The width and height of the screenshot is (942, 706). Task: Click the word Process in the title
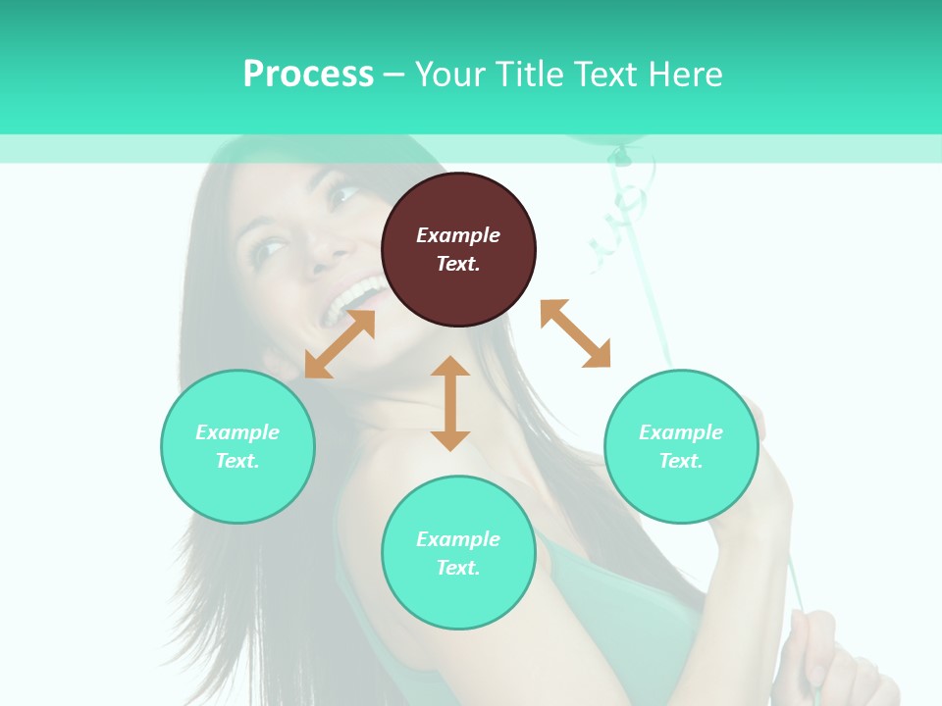point(308,75)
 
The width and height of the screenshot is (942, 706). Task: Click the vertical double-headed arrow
point(450,403)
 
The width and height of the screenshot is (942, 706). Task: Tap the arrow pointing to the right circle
point(575,333)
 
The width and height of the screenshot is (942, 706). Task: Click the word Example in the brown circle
point(458,235)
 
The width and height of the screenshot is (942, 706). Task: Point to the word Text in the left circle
point(237,461)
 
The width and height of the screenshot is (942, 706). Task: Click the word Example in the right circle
point(681,432)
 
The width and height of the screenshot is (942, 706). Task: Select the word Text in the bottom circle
point(458,568)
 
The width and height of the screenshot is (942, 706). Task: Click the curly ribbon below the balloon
point(624,206)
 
